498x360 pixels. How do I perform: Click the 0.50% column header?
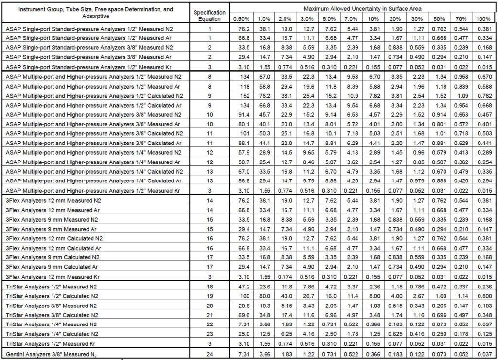[x=242, y=19]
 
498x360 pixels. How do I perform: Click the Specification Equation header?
[x=210, y=15]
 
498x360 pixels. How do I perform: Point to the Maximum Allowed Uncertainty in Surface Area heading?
[x=363, y=9]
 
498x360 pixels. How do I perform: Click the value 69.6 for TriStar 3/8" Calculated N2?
[x=242, y=314]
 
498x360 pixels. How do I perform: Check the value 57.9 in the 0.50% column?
[x=242, y=152]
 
